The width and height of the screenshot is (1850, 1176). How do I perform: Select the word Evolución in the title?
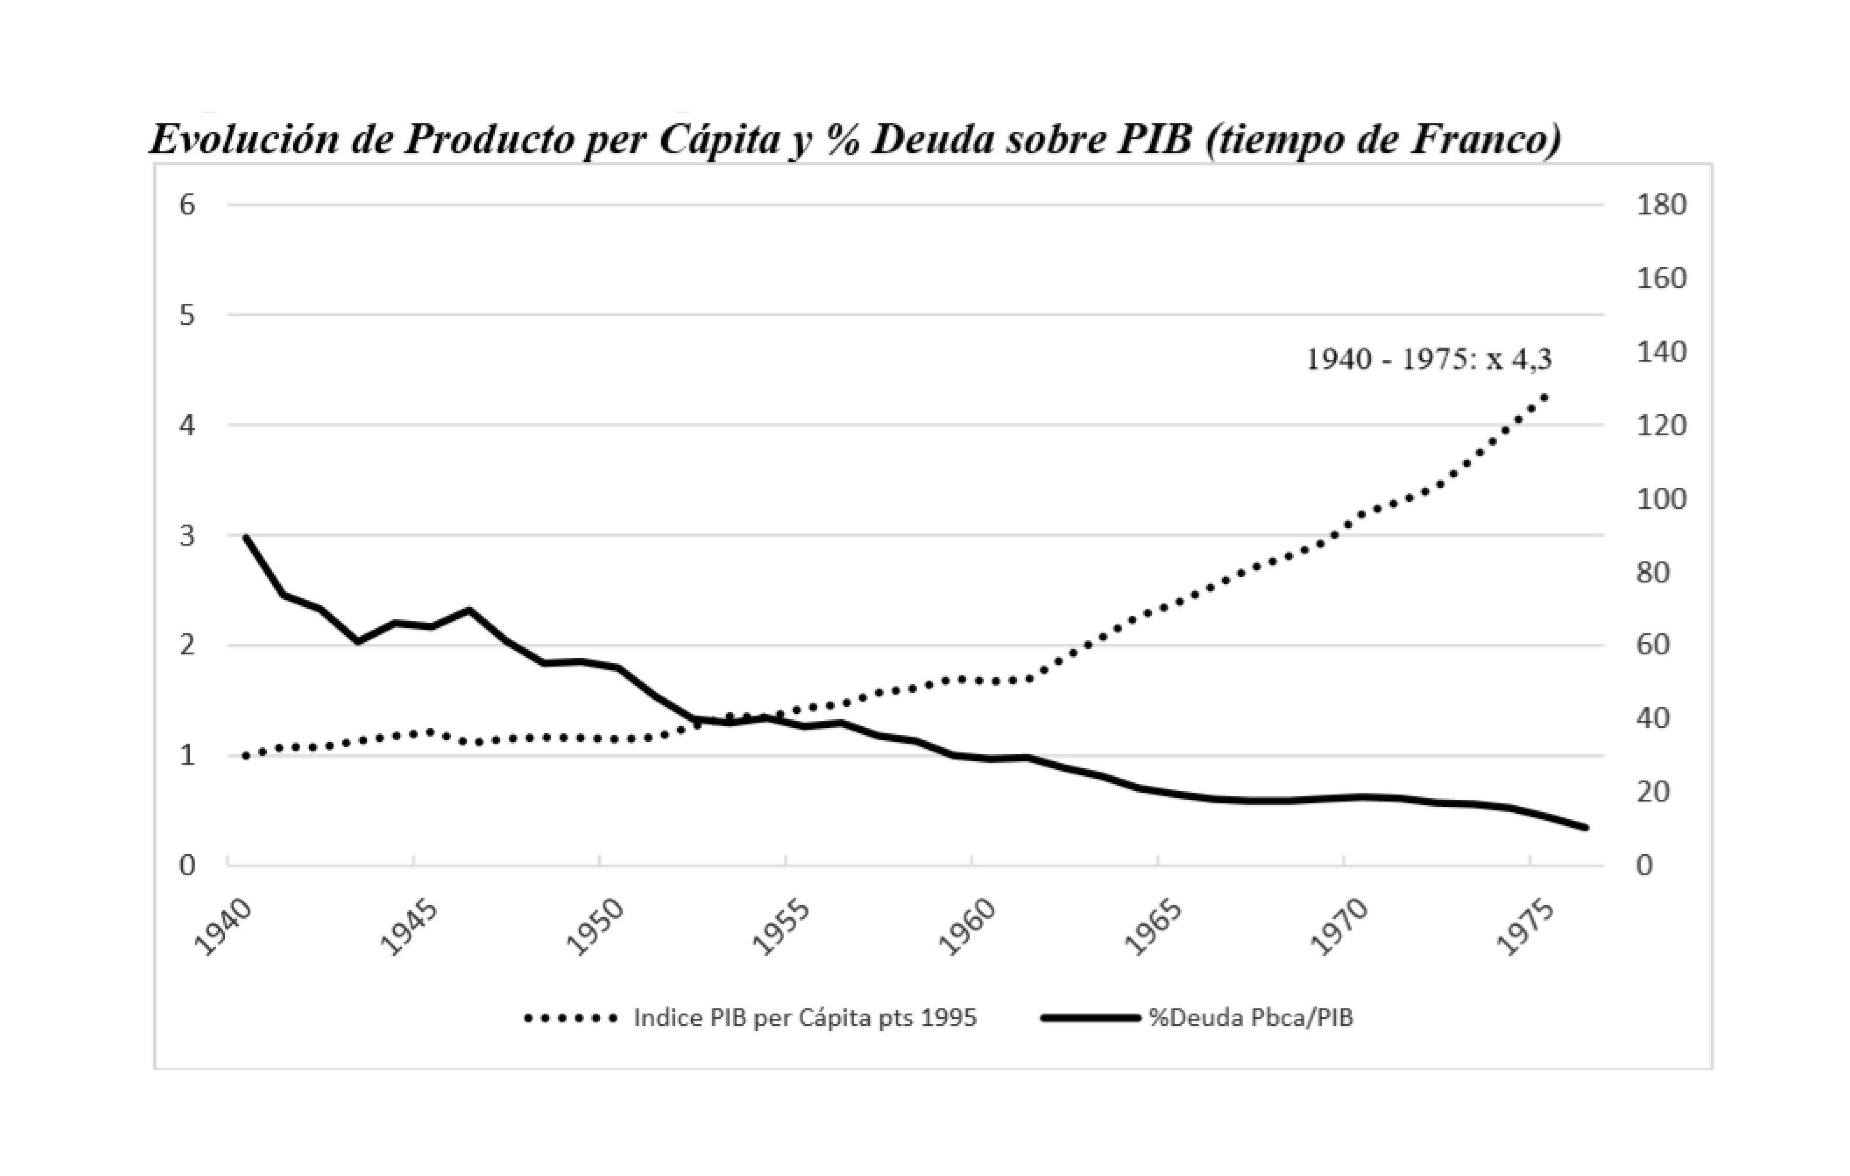point(244,140)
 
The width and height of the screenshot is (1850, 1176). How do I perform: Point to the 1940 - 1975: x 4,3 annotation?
point(1429,359)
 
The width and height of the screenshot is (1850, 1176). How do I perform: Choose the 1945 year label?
point(409,928)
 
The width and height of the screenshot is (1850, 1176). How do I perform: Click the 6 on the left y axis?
point(188,204)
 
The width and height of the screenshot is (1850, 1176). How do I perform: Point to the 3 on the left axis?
point(188,535)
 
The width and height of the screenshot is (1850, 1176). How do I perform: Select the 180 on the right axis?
point(1661,204)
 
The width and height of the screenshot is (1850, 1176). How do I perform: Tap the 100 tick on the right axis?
point(1661,499)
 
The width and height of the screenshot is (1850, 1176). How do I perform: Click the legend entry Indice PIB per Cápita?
point(804,1018)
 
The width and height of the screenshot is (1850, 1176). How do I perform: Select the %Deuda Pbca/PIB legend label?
point(1251,1018)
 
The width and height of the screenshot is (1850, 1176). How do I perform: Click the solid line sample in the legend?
point(1090,1018)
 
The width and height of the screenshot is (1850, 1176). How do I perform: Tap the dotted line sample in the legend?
point(571,1018)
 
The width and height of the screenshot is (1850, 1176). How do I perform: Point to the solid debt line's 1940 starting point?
point(246,537)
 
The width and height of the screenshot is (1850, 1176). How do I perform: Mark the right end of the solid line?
point(1585,827)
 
